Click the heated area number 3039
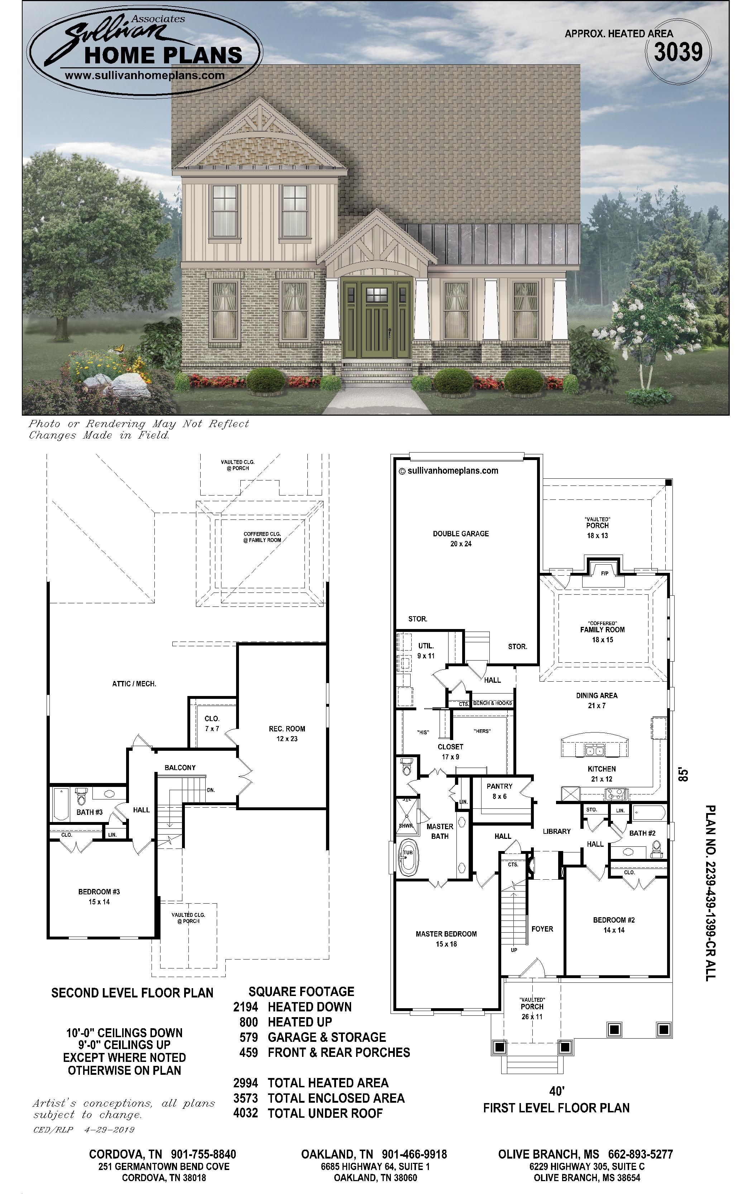pyautogui.click(x=678, y=52)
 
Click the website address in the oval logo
pyautogui.click(x=145, y=76)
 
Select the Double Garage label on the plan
pyautogui.click(x=461, y=538)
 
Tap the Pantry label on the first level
pyautogui.click(x=499, y=791)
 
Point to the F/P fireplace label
pyautogui.click(x=604, y=573)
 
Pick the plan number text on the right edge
pyautogui.click(x=710, y=893)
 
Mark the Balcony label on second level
pyautogui.click(x=180, y=768)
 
